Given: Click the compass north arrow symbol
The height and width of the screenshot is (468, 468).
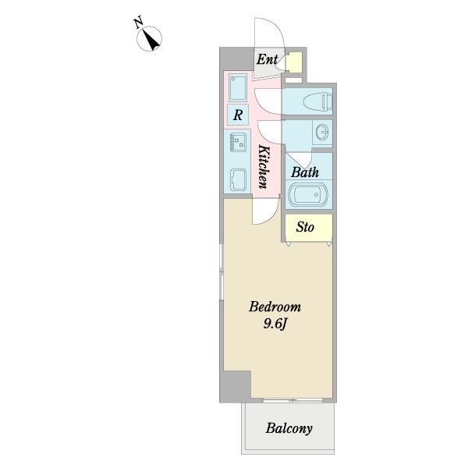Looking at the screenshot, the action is (x=149, y=39).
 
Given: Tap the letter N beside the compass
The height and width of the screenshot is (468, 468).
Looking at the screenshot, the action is (x=138, y=23).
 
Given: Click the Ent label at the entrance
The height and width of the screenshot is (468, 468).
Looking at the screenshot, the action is (x=267, y=59).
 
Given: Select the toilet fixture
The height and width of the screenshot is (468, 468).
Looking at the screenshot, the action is (x=318, y=101).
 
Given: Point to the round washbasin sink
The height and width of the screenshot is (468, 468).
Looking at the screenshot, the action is (x=322, y=132).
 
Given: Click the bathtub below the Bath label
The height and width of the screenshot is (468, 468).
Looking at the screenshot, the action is (x=308, y=194).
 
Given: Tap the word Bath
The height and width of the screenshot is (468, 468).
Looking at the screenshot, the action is (x=305, y=172).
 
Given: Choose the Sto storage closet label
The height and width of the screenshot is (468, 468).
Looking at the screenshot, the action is (x=305, y=227).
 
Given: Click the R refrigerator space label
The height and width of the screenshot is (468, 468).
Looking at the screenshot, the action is (x=238, y=115).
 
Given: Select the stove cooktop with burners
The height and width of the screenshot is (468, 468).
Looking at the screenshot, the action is (x=238, y=142).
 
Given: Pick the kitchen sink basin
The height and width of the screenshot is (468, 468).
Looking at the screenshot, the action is (x=238, y=179).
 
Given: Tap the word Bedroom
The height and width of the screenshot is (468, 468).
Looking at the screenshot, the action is (x=275, y=307).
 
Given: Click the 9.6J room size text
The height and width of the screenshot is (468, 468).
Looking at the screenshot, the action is (x=275, y=324).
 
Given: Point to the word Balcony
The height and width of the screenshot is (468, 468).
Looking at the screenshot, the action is (x=289, y=428).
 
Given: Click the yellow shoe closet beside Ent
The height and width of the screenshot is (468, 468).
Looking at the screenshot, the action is (x=293, y=62).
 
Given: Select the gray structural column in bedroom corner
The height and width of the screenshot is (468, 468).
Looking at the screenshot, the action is (x=236, y=387).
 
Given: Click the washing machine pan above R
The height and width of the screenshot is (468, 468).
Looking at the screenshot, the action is (x=238, y=87).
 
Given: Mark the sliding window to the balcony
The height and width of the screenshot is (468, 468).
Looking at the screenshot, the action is (x=292, y=400).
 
